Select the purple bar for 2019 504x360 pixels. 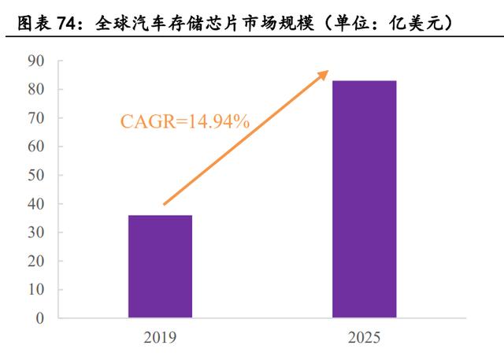point(160,266)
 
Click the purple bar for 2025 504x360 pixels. point(364,199)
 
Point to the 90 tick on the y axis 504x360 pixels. point(35,61)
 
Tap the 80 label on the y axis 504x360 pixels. point(35,89)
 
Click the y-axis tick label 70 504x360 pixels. point(35,118)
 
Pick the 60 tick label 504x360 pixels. point(35,147)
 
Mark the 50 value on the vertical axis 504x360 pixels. point(35,175)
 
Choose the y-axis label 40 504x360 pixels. point(35,204)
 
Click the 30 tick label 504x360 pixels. point(35,232)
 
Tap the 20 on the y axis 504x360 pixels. point(35,261)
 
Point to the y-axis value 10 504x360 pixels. point(35,290)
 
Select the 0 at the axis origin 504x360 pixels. point(40,318)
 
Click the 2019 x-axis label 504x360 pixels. point(160,337)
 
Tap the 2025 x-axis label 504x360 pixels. point(364,337)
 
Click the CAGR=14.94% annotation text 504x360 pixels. point(185,122)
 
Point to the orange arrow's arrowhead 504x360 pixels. point(323,75)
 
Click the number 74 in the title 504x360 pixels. point(67,23)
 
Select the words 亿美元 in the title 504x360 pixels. point(417,23)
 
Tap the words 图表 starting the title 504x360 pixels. point(35,23)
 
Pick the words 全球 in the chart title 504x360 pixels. point(113,23)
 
